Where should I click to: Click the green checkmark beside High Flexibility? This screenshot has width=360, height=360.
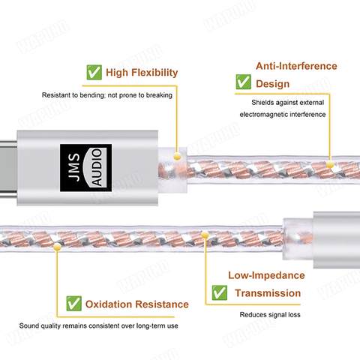click(x=94, y=72)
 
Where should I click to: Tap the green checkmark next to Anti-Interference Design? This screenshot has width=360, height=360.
click(x=244, y=82)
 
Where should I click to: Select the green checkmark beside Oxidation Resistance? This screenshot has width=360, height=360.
click(x=73, y=304)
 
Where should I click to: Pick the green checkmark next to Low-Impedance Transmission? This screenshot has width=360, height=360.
click(x=220, y=292)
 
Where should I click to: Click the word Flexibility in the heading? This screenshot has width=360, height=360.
click(x=154, y=73)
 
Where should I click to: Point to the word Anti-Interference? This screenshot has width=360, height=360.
click(x=296, y=66)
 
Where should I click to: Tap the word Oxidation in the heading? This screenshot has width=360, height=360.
click(x=109, y=304)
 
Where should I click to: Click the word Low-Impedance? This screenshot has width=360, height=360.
click(x=266, y=275)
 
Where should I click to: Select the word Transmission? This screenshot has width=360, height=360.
click(x=268, y=293)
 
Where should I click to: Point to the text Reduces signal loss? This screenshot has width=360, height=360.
click(x=270, y=314)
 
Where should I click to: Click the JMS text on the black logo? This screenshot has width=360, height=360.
click(x=74, y=167)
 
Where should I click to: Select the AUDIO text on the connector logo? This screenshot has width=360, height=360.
click(x=97, y=167)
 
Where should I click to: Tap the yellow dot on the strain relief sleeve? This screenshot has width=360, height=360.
click(x=177, y=156)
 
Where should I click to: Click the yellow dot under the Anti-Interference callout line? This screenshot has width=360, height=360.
click(x=330, y=164)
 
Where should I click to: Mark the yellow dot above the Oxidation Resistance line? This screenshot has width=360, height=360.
click(x=57, y=247)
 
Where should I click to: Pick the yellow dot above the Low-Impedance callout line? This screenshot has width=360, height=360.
click(x=205, y=234)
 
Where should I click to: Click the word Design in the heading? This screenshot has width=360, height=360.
click(x=273, y=84)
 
